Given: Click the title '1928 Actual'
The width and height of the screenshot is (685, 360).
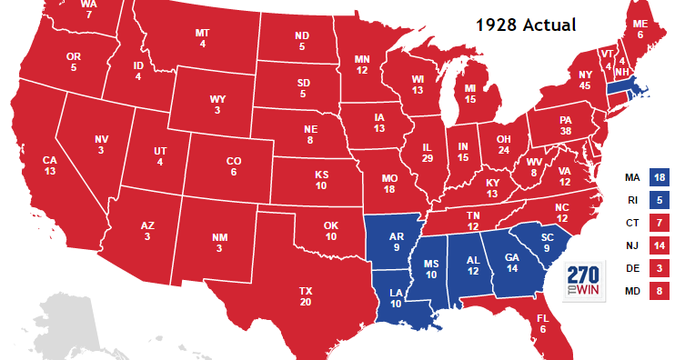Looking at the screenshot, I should pos(527,24).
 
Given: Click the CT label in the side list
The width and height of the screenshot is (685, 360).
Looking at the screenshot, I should pos(631,223).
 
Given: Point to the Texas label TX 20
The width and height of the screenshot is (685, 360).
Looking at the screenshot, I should pos(306,295).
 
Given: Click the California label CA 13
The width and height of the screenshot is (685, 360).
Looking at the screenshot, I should pos(50,165).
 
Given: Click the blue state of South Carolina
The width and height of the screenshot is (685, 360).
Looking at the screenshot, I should pos(546,244).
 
